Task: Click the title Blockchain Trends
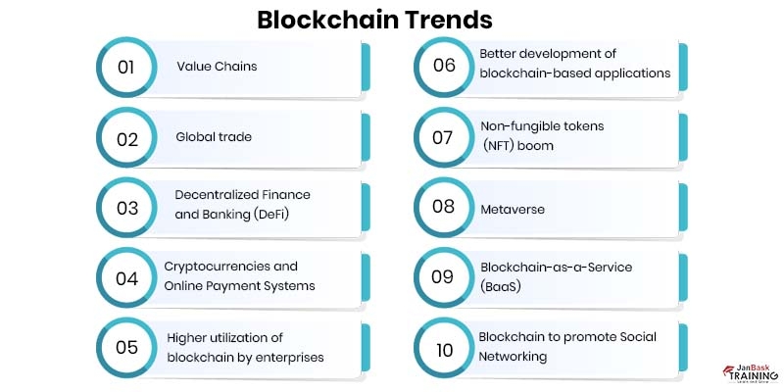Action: click(375, 19)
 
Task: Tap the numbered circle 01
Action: click(125, 69)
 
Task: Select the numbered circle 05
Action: click(125, 348)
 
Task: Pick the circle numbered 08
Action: click(443, 208)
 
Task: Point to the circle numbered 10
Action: click(443, 348)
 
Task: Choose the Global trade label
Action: click(213, 136)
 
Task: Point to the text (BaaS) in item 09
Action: click(500, 286)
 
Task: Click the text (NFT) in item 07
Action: click(501, 145)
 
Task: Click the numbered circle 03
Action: click(125, 208)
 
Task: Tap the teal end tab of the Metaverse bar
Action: click(683, 207)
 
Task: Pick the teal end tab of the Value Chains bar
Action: click(366, 67)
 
